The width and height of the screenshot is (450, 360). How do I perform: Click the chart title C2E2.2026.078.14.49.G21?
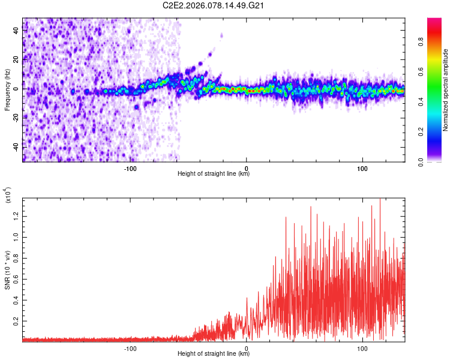point(214,6)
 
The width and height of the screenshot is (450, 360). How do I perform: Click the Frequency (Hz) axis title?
point(7,89)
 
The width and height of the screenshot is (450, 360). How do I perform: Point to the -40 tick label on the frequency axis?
point(15,147)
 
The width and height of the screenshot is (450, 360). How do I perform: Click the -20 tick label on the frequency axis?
point(15,118)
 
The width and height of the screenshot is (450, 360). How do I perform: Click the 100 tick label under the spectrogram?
point(362,167)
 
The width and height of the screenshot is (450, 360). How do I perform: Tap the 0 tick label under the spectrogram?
point(247,167)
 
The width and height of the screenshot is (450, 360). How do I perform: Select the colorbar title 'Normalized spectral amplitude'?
point(446,89)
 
